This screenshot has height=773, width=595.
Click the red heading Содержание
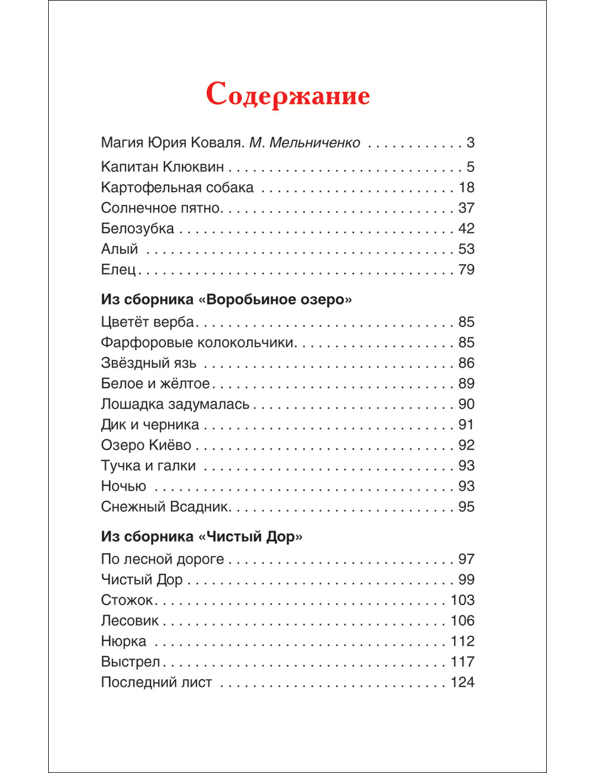tap(288, 95)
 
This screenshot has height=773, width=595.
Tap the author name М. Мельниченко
tap(305, 143)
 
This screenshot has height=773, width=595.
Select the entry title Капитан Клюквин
tap(162, 167)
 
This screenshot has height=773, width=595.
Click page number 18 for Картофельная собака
tap(466, 188)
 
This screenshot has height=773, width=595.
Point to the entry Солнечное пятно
tap(161, 208)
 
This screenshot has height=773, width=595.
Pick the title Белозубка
tap(137, 229)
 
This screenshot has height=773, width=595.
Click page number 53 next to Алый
tap(466, 249)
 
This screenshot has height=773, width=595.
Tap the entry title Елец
tap(119, 270)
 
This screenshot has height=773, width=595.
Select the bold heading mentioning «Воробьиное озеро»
tap(226, 299)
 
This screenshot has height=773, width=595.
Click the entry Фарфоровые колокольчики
tap(198, 342)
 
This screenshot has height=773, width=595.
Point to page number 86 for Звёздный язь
tap(466, 363)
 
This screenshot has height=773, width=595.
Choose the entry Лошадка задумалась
tap(175, 404)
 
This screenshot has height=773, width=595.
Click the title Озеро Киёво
tap(146, 445)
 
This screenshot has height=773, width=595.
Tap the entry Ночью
tap(123, 486)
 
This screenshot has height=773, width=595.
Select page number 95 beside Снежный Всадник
tap(466, 507)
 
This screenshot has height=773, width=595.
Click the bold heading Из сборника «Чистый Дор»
tap(202, 536)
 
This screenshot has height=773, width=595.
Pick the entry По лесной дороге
tap(162, 560)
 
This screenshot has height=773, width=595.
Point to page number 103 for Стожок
tap(462, 601)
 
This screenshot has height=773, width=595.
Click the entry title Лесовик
tap(130, 621)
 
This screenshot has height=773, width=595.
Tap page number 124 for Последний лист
tap(462, 683)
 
